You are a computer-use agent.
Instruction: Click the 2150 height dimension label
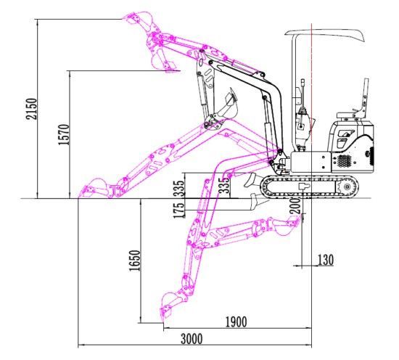tap(32, 109)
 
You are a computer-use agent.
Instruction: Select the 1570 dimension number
tap(64, 135)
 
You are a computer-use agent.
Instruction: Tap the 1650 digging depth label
tap(135, 261)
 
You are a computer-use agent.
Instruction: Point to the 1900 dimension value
tap(236, 322)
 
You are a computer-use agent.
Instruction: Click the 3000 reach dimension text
tap(192, 339)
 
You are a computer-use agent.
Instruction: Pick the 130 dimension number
tap(326, 260)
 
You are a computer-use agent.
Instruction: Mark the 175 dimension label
tap(178, 210)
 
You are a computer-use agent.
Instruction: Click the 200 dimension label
tap(295, 205)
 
